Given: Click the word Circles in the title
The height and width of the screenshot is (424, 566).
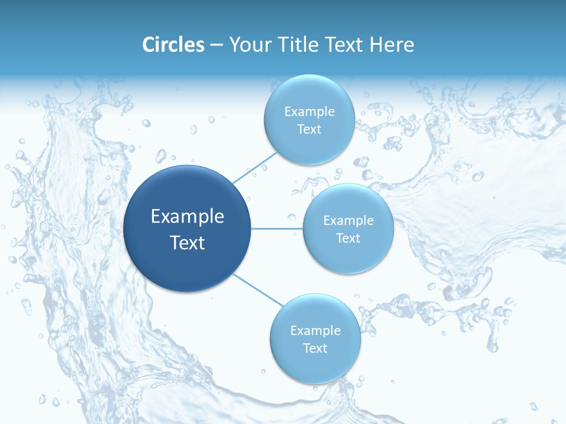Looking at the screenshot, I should tap(173, 45).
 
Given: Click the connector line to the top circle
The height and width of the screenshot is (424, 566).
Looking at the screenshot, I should tap(255, 167).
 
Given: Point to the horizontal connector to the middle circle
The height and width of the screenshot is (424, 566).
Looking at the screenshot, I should tap(277, 228).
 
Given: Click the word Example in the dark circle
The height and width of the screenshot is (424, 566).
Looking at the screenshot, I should tap(187, 217).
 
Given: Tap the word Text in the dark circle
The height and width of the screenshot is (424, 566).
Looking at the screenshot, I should tap(187, 243).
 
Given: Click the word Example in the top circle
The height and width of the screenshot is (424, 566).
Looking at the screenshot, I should tap(309, 112).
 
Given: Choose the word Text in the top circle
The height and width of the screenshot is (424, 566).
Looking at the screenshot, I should tap(309, 130).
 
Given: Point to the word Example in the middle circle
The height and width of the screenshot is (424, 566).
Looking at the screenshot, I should tap(348, 221).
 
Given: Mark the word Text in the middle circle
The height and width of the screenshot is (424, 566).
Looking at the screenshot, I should tap(348, 238).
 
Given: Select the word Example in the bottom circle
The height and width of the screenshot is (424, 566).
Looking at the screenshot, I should tap(315, 331).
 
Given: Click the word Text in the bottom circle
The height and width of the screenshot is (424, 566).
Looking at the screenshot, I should tap(315, 349).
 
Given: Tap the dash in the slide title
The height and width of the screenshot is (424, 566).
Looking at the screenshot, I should tap(216, 45).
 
